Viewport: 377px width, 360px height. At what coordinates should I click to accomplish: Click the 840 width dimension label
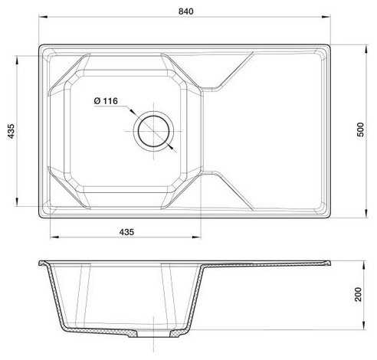[x=185, y=11]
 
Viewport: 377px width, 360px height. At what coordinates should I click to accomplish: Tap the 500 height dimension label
[x=360, y=129]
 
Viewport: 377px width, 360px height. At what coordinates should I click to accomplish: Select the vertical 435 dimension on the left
[x=11, y=131]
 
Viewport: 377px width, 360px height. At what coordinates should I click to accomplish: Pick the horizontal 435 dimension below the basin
[x=126, y=232]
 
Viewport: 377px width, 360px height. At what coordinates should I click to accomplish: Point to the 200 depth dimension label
[x=359, y=294]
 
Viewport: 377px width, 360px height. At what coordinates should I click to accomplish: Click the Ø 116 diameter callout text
[x=106, y=101]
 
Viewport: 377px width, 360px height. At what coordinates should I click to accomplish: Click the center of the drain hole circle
[x=153, y=131]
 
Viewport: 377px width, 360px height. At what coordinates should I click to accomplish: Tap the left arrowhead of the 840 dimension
[x=43, y=17]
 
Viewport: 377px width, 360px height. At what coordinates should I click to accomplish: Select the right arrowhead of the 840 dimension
[x=326, y=17]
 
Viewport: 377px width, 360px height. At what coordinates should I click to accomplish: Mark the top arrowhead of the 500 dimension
[x=366, y=49]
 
